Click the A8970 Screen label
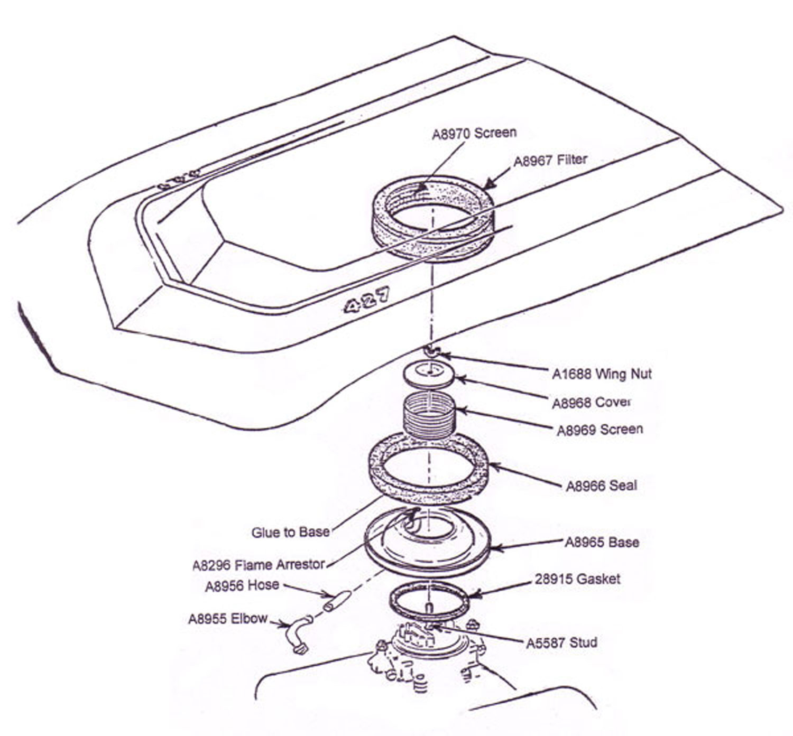(x=474, y=133)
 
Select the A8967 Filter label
(x=550, y=160)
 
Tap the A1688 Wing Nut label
(x=602, y=374)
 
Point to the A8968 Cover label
(x=592, y=403)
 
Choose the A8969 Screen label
(x=600, y=430)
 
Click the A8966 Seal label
(x=601, y=486)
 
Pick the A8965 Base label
(x=602, y=543)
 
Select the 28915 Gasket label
(x=577, y=579)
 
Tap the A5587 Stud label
(x=561, y=643)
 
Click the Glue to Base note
(x=290, y=532)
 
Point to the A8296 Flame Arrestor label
(x=258, y=565)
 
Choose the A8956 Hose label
(x=242, y=586)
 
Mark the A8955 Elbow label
(x=228, y=619)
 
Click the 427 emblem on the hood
(x=366, y=300)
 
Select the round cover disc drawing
(x=429, y=374)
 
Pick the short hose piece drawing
(x=337, y=601)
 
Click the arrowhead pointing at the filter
(x=488, y=185)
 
